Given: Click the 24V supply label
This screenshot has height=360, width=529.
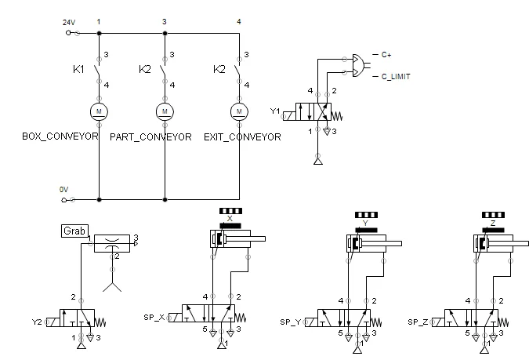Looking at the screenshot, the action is (69, 23).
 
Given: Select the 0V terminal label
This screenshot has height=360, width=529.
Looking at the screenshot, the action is (63, 190).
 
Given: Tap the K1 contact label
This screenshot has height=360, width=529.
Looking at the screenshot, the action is (78, 69).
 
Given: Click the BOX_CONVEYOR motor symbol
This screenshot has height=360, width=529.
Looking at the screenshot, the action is (99, 111).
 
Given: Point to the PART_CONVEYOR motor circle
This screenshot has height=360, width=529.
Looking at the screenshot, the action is (165, 111).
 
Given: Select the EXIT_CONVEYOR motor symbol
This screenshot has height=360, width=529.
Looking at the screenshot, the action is (239, 111).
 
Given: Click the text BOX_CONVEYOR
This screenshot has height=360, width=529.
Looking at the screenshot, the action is (60, 136).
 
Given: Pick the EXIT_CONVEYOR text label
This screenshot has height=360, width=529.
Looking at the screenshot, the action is (242, 137).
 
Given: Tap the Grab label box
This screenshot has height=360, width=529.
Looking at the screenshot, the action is (75, 231).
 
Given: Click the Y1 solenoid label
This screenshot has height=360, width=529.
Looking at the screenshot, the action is (275, 111).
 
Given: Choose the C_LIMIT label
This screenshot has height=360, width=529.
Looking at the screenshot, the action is (396, 77).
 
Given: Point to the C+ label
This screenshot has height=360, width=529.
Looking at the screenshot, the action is (386, 55).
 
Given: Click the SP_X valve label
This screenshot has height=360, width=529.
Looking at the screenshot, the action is (154, 318).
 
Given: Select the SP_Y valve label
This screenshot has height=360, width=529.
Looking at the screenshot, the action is (290, 322).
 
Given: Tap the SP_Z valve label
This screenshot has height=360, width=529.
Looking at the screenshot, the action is (418, 322).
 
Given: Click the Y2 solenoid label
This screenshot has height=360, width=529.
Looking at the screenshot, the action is (37, 322).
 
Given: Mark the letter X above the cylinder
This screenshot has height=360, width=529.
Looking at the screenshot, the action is (230, 219).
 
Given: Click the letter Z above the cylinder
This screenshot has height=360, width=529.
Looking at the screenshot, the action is (493, 224).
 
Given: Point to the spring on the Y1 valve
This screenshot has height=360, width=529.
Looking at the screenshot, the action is (337, 117).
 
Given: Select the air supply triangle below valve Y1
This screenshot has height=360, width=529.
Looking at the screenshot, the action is (318, 162).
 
